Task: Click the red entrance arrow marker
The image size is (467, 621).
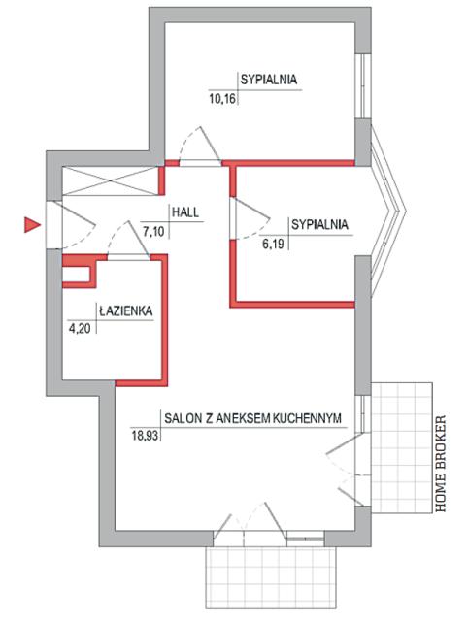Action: [32, 225]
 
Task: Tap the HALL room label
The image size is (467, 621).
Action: [185, 212]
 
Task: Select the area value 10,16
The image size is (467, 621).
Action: [222, 98]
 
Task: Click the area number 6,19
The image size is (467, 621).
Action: [273, 244]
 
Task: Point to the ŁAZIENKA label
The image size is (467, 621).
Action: [125, 310]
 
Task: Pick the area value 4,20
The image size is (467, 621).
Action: [80, 329]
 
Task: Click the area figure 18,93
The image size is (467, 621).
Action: [145, 436]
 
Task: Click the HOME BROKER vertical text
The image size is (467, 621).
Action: [441, 464]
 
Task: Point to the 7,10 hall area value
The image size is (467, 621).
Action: [153, 231]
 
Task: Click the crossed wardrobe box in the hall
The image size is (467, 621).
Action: [111, 180]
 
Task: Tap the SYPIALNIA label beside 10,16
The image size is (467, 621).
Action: [269, 80]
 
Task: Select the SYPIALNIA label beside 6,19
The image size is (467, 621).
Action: [320, 224]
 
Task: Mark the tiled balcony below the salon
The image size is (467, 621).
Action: [271, 577]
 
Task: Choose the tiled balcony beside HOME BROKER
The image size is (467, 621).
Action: [401, 447]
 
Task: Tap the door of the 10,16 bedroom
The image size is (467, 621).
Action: [200, 147]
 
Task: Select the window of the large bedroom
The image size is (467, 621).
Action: [363, 85]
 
